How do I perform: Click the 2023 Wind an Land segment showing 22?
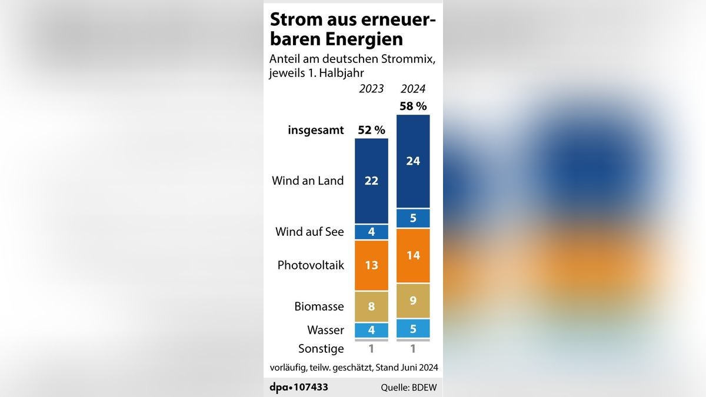tap(371, 181)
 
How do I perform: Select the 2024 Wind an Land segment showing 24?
tap(413, 161)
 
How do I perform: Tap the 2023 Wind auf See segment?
tap(371, 232)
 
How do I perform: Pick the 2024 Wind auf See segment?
tap(413, 218)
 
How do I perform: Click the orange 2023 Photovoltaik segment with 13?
tap(371, 265)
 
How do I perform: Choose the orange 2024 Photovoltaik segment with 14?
tap(413, 256)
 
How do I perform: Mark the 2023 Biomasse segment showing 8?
tap(371, 306)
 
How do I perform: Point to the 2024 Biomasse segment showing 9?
tap(413, 301)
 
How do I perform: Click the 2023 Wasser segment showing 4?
tap(371, 330)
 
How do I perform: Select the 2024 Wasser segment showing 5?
tap(413, 328)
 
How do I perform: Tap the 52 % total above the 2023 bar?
tap(372, 130)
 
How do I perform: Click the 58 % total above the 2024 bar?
tap(413, 106)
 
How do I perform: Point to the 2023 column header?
tap(371, 89)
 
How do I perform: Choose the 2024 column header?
tap(413, 89)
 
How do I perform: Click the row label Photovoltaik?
tap(311, 265)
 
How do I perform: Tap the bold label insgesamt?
tap(315, 130)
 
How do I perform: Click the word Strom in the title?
tap(291, 19)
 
